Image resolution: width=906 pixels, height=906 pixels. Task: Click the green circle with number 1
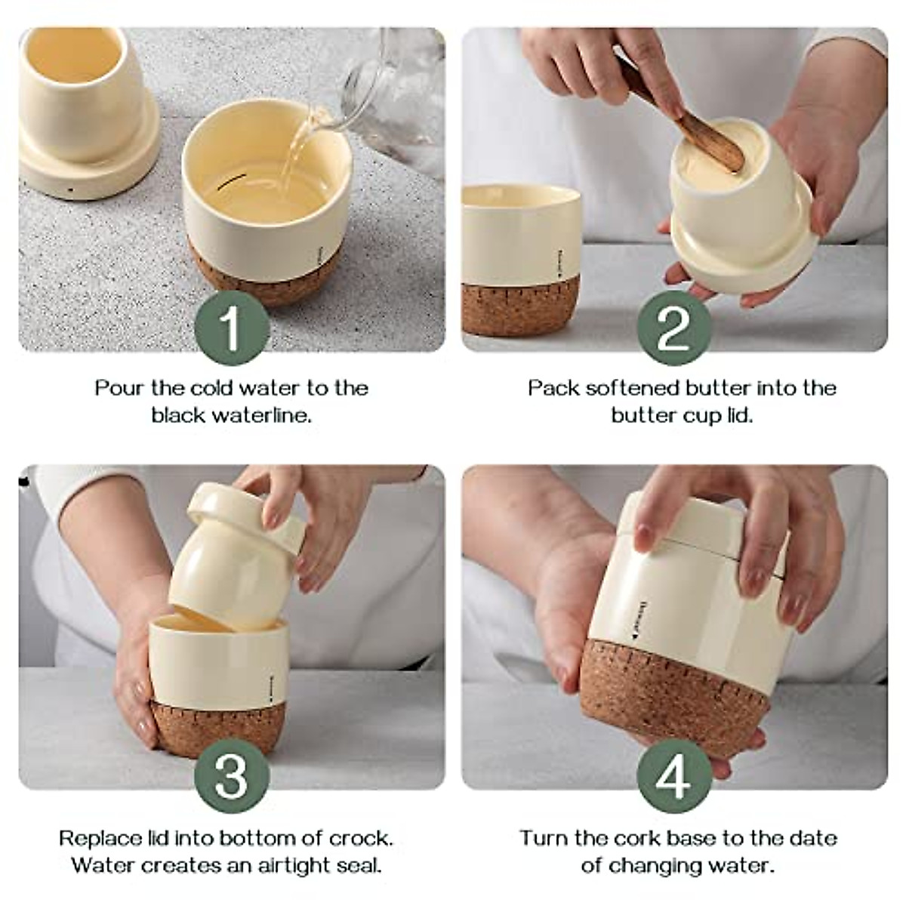tap(232, 328)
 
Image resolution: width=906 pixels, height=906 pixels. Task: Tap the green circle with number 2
tap(674, 328)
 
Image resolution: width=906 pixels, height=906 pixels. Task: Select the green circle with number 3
tap(232, 775)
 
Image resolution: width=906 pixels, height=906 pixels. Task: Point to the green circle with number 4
tap(674, 775)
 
